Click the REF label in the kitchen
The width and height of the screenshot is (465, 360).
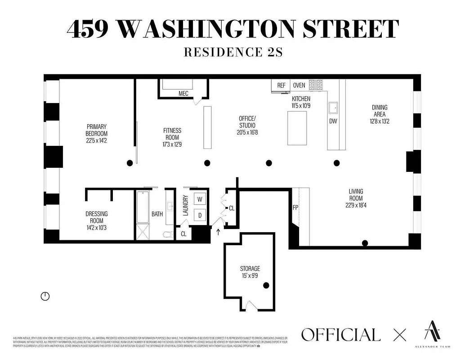[x=281, y=85]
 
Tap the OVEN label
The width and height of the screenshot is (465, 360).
[x=299, y=85]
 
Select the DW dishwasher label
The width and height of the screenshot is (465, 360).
[x=333, y=121]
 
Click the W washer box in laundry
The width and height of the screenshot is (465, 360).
[x=200, y=199]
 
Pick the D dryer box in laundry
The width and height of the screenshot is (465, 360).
[x=200, y=215]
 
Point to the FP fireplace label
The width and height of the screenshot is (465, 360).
[x=295, y=208]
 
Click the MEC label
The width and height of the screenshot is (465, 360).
[x=183, y=94]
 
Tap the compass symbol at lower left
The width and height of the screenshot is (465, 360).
[x=45, y=296]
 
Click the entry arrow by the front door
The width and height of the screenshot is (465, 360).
[x=219, y=232]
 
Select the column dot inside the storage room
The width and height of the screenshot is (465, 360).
[x=266, y=285]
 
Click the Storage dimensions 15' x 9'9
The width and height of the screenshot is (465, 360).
[x=250, y=275]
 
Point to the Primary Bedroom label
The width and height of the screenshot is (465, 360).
[x=97, y=130]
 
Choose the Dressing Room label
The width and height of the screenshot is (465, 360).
[x=96, y=217]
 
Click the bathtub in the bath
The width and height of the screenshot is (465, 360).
[x=143, y=207]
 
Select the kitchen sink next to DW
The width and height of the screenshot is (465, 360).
[x=334, y=108]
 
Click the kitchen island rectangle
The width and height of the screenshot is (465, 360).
[x=297, y=128]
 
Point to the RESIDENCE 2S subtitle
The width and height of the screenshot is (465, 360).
[x=232, y=52]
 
